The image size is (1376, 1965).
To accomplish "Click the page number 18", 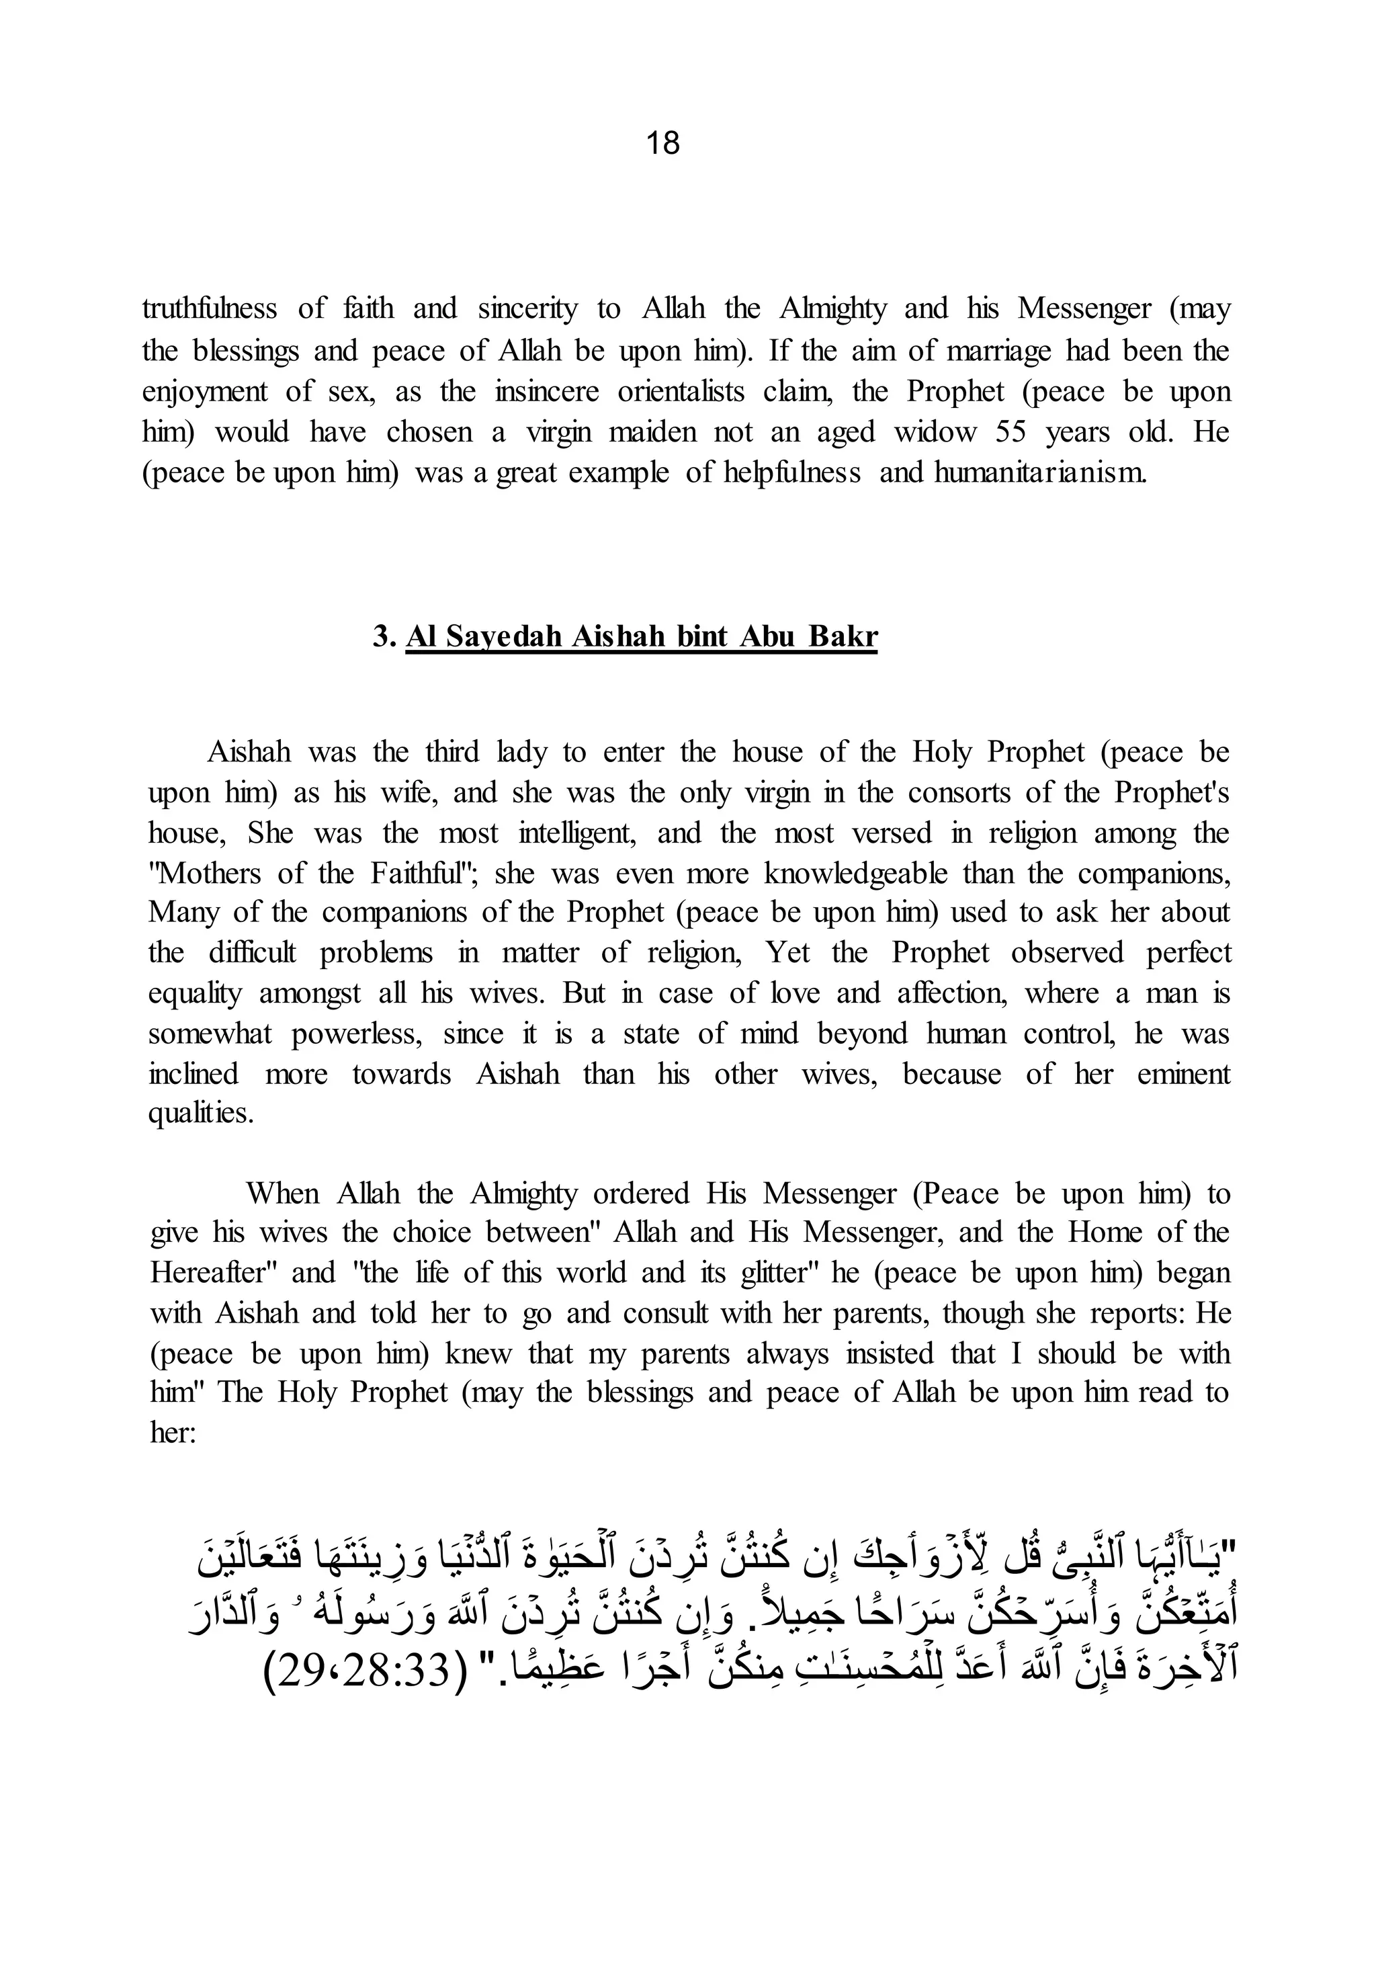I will [662, 143].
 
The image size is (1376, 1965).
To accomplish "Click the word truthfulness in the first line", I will [210, 309].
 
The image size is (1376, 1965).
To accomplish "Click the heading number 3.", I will [382, 636].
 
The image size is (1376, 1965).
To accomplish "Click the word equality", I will [195, 995].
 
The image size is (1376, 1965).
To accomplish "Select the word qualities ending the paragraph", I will [200, 1114].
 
